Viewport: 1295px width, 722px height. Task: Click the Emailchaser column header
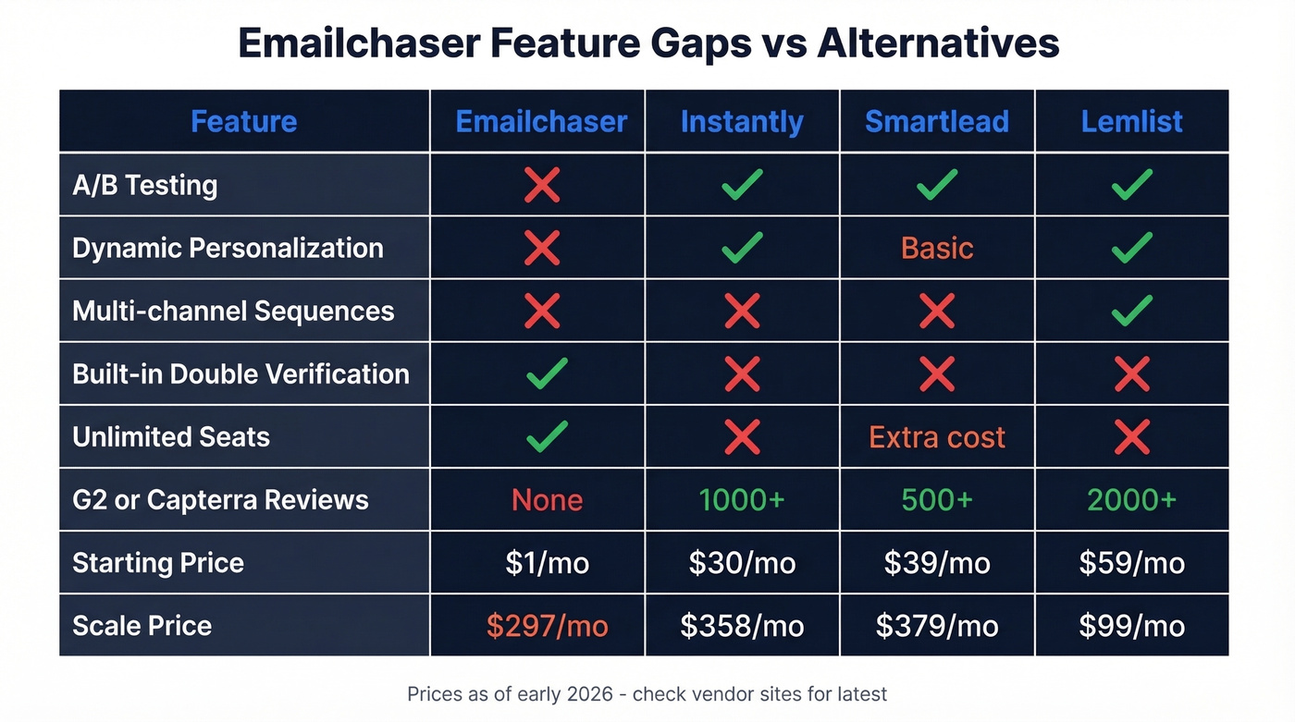[541, 122]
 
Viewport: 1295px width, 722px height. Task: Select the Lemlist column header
[1131, 122]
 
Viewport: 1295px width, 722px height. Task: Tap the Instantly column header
[742, 122]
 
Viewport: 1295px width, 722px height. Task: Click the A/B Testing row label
[145, 185]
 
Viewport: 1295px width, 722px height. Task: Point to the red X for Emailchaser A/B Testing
[541, 185]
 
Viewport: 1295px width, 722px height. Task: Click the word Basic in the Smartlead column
[937, 248]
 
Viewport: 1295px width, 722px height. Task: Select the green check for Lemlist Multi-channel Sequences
[1131, 311]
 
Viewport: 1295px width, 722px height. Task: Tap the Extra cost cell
[937, 436]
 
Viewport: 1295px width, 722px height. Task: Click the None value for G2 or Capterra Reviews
[547, 500]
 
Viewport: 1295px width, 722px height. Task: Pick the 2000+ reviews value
[1131, 500]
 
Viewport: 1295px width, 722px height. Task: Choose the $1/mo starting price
[547, 563]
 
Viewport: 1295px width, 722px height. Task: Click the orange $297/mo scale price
[547, 626]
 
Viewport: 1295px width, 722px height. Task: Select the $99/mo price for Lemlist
[1131, 626]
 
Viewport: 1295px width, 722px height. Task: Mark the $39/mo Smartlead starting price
[937, 563]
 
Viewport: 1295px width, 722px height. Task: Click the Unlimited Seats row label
[171, 436]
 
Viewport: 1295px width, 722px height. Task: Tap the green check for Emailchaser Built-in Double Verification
[547, 373]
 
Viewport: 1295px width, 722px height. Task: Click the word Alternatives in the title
[937, 43]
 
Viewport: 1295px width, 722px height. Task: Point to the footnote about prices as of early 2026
[647, 693]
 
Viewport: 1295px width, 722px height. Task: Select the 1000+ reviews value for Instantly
[742, 500]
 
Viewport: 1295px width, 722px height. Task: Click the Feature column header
[243, 122]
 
